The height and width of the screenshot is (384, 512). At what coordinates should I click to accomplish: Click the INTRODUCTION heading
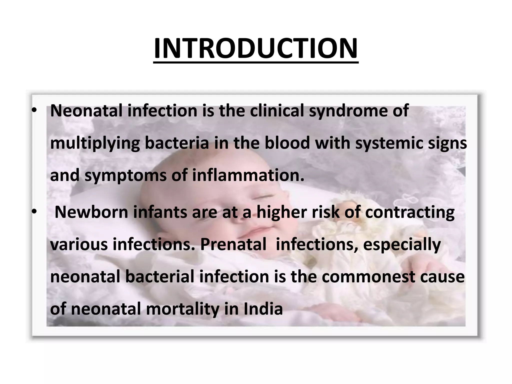[256, 48]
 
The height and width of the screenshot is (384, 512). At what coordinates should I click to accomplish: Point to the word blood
[287, 143]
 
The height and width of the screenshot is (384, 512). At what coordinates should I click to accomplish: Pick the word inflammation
[248, 175]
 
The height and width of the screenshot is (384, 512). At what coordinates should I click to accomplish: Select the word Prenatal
[233, 244]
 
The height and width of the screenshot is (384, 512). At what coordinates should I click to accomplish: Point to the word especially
[402, 245]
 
